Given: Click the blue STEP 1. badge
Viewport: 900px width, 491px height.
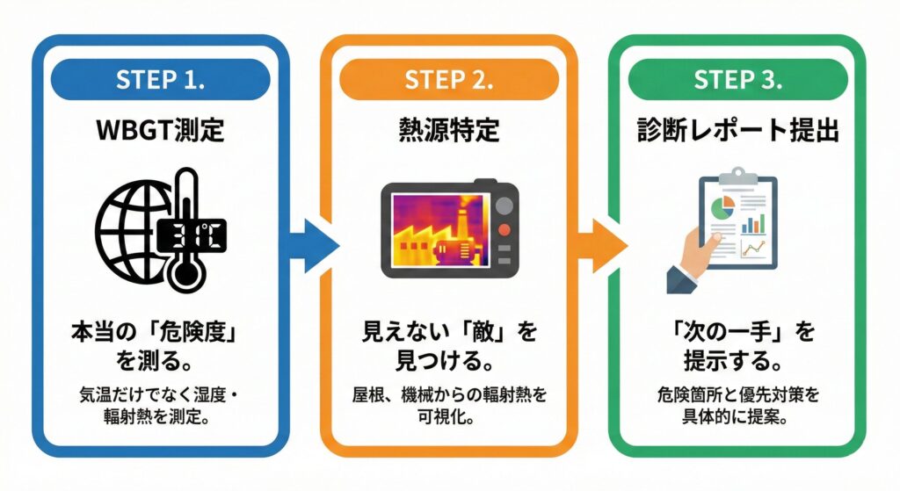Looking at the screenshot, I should (x=160, y=79).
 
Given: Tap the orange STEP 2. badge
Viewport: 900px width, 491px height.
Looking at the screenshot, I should (x=448, y=79).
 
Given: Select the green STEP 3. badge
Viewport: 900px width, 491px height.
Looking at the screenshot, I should (x=737, y=79).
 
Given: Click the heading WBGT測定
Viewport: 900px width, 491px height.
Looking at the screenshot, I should (x=160, y=132).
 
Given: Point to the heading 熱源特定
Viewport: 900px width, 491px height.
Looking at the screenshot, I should (x=448, y=132).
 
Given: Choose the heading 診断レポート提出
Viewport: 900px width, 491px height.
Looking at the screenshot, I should (x=737, y=132).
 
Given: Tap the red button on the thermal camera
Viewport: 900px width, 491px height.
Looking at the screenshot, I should (x=504, y=230).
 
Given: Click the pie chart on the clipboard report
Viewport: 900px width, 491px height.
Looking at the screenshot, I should (x=721, y=209).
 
